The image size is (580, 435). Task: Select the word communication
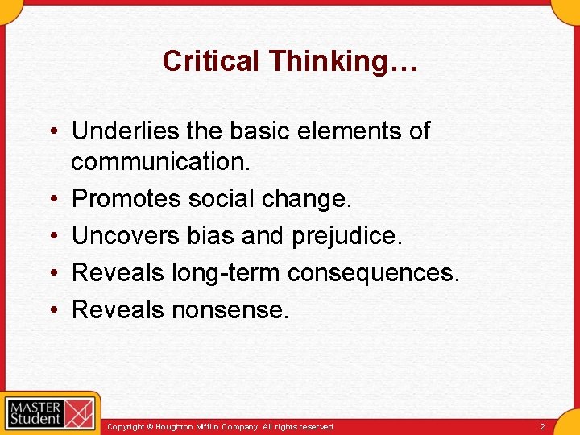pos(161,161)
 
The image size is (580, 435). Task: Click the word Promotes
pos(126,198)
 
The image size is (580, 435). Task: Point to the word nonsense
pos(230,309)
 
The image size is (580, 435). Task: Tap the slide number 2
pos(542,426)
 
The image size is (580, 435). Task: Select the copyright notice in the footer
pos(221,426)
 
